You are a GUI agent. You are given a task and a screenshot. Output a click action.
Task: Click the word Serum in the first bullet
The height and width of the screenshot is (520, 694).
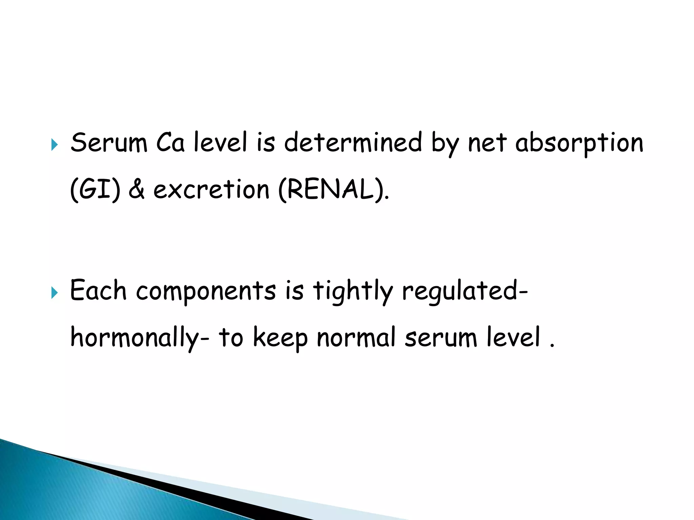pos(109,143)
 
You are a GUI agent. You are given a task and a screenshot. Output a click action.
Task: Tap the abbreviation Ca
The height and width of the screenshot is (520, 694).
pos(170,143)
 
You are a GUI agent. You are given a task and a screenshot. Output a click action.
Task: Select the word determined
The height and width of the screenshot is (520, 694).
pos(353,143)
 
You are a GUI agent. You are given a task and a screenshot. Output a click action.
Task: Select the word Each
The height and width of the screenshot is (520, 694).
pos(98,291)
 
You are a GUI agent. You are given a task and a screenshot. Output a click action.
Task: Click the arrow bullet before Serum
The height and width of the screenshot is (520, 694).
pos(54,145)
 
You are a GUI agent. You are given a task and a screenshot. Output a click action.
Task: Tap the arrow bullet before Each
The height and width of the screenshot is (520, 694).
pos(54,293)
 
